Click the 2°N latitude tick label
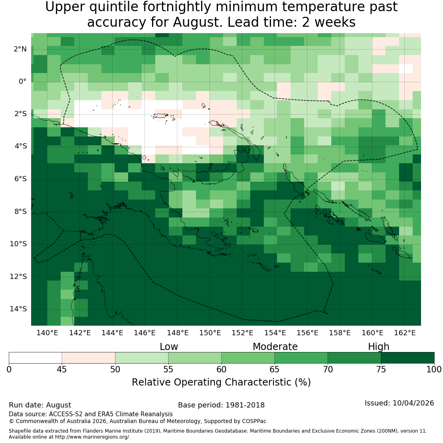tap(20, 49)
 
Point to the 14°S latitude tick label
tap(18, 309)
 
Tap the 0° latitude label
tap(23, 82)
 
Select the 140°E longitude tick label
tap(47, 333)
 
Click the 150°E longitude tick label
tap(210, 333)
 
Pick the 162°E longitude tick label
tap(405, 333)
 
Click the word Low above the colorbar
tap(169, 347)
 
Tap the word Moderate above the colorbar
tap(275, 347)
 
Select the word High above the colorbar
tap(379, 347)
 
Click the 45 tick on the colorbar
tap(62, 370)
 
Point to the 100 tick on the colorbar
tap(434, 370)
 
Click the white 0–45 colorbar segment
tap(35, 358)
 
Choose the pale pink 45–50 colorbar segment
tap(89, 358)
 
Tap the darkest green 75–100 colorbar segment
tap(408, 358)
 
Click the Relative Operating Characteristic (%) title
tap(221, 382)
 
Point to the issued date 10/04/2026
tap(413, 403)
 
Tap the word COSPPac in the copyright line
tap(254, 421)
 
